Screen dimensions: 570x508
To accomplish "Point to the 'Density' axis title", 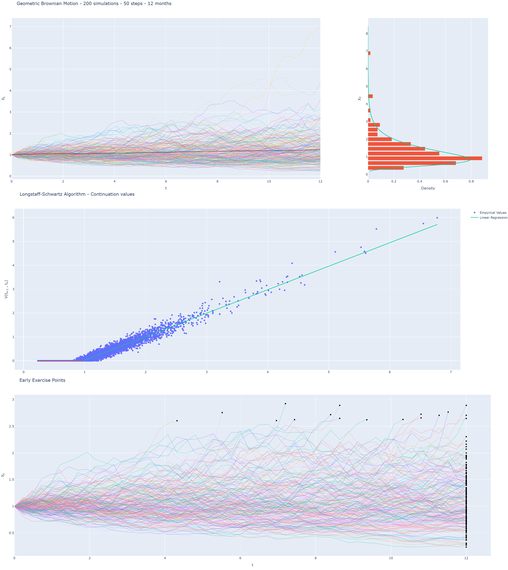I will [x=428, y=188].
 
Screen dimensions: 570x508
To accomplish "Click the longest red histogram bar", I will [x=424, y=158].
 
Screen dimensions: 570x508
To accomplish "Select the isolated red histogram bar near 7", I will [x=369, y=53].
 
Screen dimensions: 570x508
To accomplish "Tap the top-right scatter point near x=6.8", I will [x=437, y=218].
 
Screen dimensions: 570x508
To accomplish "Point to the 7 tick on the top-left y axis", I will [x=10, y=27].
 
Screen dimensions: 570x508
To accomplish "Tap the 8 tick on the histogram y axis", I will [x=367, y=33].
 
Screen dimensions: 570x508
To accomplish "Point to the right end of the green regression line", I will [x=437, y=224].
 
